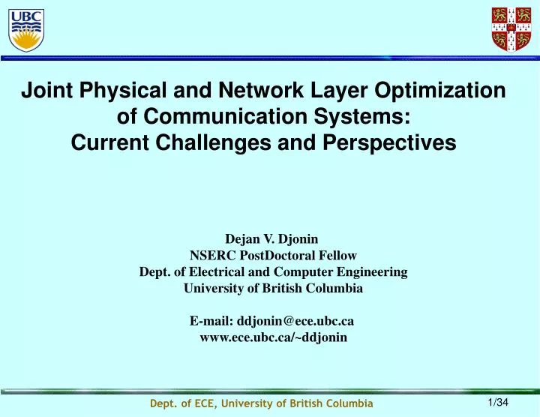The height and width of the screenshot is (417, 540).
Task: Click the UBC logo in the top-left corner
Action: (x=25, y=28)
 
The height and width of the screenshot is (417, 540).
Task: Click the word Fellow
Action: (x=337, y=255)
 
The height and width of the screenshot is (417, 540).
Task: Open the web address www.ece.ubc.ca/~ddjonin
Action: (x=273, y=337)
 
